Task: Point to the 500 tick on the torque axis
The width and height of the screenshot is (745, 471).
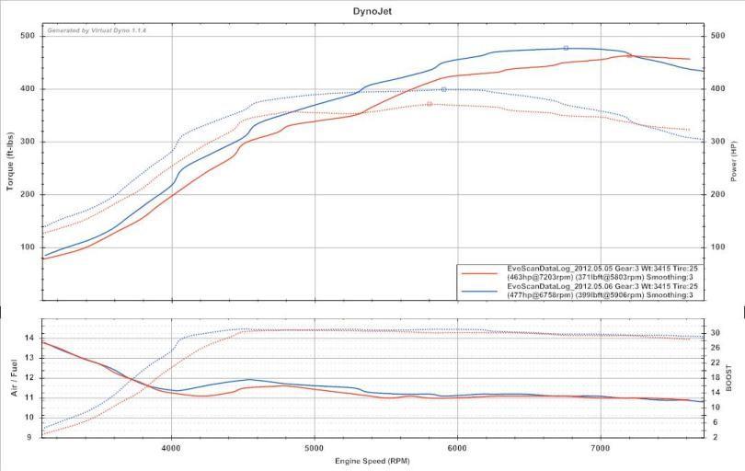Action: [28, 36]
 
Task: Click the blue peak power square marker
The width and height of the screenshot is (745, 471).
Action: [566, 48]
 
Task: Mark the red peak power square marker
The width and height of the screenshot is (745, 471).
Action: [629, 55]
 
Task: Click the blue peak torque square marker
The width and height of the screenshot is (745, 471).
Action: [443, 89]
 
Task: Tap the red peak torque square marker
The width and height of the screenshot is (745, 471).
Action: [429, 104]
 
